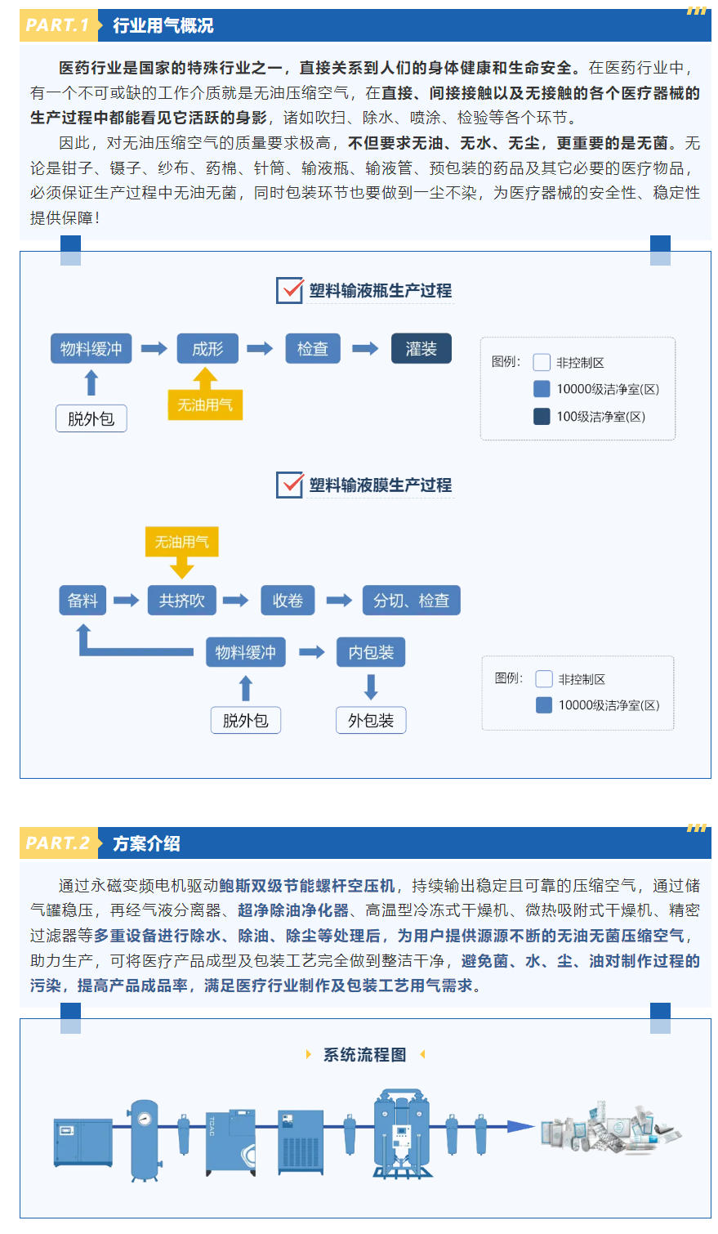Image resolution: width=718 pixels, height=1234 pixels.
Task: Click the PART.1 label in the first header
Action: point(57,25)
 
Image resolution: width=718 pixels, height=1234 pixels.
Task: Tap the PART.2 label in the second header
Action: point(57,843)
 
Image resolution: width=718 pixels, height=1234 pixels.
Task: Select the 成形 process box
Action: point(207,348)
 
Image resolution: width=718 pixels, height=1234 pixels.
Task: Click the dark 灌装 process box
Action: point(421,348)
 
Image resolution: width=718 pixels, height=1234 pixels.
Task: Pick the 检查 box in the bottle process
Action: point(313,348)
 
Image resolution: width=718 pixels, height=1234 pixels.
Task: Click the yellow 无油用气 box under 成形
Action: point(205,405)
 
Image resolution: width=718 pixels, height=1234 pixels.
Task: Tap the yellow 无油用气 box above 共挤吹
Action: point(181,542)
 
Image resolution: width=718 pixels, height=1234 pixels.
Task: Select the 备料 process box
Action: point(83,600)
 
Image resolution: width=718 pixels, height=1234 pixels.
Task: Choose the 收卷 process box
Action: point(288,600)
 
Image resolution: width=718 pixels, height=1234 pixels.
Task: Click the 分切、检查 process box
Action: point(412,600)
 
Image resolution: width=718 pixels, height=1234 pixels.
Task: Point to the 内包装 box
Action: point(371,652)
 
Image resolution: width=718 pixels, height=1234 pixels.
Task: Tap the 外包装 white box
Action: point(371,720)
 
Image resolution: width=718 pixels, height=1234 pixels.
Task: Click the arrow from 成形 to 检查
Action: point(260,348)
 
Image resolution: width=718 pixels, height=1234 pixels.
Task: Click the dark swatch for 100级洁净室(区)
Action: point(542,416)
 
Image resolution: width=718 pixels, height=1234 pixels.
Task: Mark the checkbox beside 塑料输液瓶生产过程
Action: point(290,290)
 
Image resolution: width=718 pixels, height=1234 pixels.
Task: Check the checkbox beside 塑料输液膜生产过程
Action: point(290,485)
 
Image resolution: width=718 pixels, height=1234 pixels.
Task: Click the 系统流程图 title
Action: point(365,1054)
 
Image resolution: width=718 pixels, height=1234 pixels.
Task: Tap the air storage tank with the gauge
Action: point(145,1140)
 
